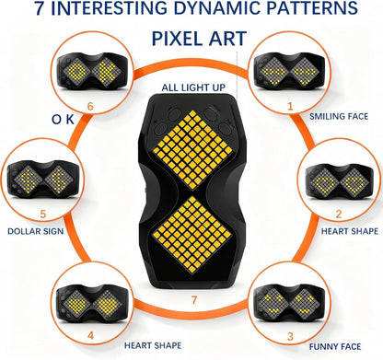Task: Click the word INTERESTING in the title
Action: point(111,8)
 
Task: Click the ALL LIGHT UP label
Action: point(193,87)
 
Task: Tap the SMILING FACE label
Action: point(339,117)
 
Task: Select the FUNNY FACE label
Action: point(335,347)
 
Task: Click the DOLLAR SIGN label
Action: point(36,231)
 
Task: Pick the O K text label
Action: point(63,120)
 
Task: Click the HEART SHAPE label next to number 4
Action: point(153,345)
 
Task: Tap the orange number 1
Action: point(290,106)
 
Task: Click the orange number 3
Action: point(290,336)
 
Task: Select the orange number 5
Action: point(42,214)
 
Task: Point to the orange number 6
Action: point(90,107)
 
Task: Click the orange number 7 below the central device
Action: point(194,300)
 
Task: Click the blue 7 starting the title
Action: point(40,8)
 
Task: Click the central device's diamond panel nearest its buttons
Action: point(192,150)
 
